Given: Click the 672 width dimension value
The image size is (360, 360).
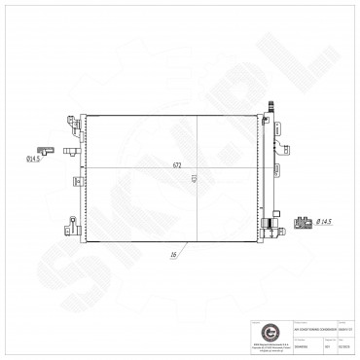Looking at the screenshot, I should click(178, 165).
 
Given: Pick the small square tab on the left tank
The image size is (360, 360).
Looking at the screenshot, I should click(75, 180).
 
